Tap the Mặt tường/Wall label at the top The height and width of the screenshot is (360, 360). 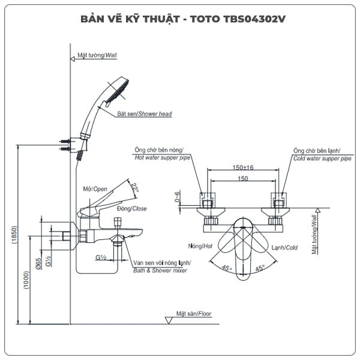(x=97, y=55)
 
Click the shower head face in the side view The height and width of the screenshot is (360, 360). (x=124, y=88)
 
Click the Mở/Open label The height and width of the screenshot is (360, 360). (x=95, y=190)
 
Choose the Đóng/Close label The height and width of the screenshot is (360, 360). (x=132, y=209)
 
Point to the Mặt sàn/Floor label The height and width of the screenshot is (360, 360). (x=194, y=313)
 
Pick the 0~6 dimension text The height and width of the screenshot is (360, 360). (x=177, y=197)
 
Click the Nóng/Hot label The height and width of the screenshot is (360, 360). (x=200, y=247)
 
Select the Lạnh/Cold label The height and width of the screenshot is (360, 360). (x=284, y=247)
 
